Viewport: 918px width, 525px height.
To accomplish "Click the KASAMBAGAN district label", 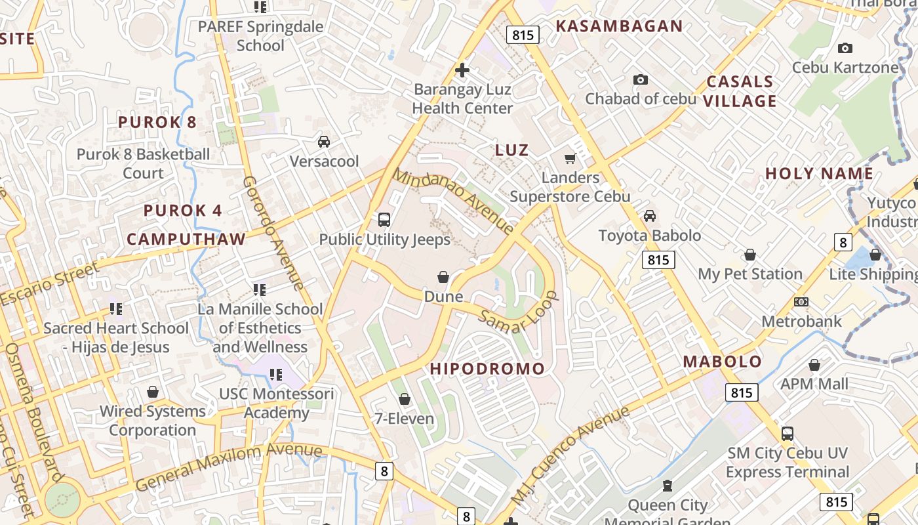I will tap(619, 26).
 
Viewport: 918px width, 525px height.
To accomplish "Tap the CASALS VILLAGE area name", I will tap(740, 91).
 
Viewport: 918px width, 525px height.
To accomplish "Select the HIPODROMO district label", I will tap(487, 369).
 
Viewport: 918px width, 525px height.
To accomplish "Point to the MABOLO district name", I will tap(722, 362).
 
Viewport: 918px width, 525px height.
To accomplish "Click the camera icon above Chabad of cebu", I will tap(640, 80).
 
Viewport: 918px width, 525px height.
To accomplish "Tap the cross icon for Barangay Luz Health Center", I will tap(462, 70).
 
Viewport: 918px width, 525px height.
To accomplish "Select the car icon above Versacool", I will tap(324, 142).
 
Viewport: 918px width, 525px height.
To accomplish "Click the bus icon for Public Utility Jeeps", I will tap(384, 220).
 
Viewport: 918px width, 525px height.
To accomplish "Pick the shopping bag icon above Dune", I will tap(443, 277).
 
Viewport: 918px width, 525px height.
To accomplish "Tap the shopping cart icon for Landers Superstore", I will tap(570, 159).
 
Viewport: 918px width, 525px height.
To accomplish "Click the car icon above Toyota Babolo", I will tap(649, 216).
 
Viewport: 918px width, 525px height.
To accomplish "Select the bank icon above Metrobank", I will tap(801, 302).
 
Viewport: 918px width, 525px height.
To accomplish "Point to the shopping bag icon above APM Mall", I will tap(814, 365).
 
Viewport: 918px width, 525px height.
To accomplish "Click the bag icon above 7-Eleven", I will tap(405, 399).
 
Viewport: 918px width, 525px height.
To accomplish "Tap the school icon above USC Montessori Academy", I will tap(276, 375).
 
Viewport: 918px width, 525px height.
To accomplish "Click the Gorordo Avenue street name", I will tap(273, 233).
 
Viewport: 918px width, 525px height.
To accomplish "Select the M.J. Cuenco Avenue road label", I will tap(570, 454).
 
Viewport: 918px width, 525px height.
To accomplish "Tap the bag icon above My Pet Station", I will tap(750, 255).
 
